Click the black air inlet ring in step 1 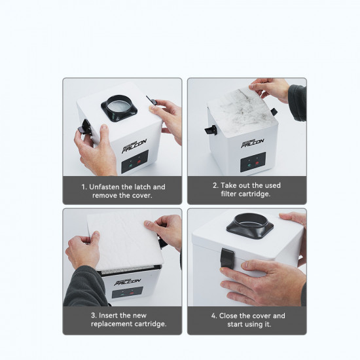point(118,108)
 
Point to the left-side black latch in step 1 point(85,129)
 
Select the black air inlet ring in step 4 point(249,226)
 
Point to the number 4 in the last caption point(214,315)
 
